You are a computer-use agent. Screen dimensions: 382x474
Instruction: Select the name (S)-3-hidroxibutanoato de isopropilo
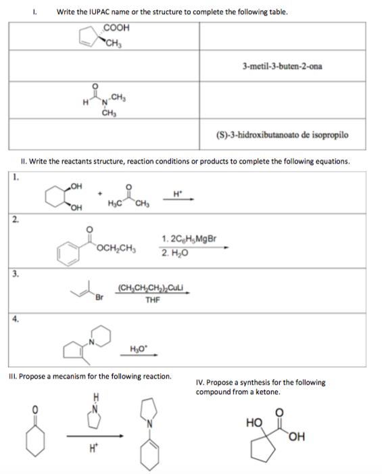point(292,135)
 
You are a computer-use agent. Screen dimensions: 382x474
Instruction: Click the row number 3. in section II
point(14,272)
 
